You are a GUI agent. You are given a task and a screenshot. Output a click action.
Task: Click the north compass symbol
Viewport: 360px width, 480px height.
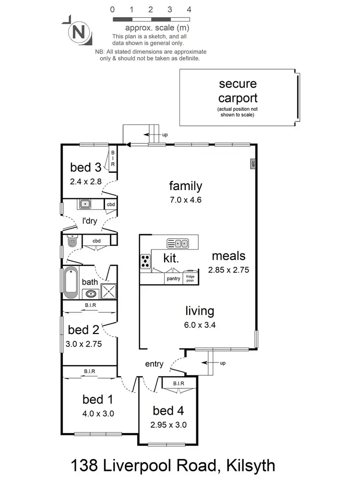pos(77,32)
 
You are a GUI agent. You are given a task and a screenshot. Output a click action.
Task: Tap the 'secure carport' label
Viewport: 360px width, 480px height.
pos(238,91)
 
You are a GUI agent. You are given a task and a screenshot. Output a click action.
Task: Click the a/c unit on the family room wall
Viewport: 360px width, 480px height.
pos(252,164)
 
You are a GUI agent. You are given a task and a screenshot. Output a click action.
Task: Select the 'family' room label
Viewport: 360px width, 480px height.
pos(185,186)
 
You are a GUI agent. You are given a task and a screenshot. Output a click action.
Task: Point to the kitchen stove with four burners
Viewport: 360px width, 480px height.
pos(145,261)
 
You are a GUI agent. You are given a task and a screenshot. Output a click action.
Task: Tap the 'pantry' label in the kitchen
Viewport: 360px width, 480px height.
pos(173,278)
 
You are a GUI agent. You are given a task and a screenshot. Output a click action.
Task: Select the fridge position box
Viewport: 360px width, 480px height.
pos(191,278)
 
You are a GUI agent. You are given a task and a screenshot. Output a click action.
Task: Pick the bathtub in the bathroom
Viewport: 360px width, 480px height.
pos(71,282)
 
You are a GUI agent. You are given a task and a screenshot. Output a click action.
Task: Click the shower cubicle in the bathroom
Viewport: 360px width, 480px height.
pos(108,291)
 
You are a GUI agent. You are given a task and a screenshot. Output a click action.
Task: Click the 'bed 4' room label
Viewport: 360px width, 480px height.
pos(168,410)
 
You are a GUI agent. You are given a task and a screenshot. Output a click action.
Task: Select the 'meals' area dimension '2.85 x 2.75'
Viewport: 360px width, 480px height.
pos(228,270)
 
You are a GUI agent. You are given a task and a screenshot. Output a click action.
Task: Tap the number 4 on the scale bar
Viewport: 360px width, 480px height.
pos(189,9)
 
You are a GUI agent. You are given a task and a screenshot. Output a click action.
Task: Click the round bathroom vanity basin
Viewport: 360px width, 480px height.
pos(90,294)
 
